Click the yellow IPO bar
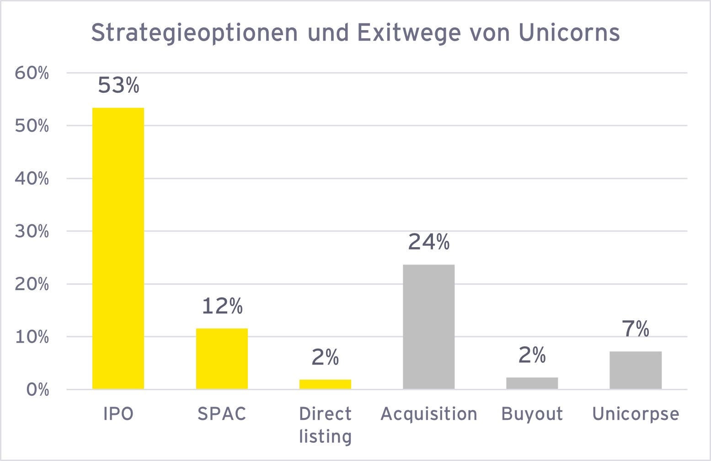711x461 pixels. (118, 249)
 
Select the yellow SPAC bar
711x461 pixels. (222, 359)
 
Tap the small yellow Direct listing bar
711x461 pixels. (325, 384)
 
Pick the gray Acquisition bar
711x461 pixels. (428, 327)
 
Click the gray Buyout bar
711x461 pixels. (532, 383)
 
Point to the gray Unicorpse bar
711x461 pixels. (635, 370)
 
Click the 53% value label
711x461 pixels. (118, 85)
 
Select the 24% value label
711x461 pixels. (428, 242)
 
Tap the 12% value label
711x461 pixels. (222, 306)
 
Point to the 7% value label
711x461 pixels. (635, 329)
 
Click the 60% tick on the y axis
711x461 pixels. (32, 73)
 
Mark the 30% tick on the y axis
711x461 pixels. (32, 232)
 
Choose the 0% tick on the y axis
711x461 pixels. (37, 390)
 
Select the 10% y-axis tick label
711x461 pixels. (32, 337)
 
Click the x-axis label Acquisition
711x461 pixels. (428, 414)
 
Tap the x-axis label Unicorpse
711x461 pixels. (635, 414)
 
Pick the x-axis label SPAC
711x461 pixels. (222, 414)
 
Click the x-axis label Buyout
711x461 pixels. (532, 414)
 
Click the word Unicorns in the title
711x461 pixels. (569, 32)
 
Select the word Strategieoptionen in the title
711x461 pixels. (194, 33)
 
